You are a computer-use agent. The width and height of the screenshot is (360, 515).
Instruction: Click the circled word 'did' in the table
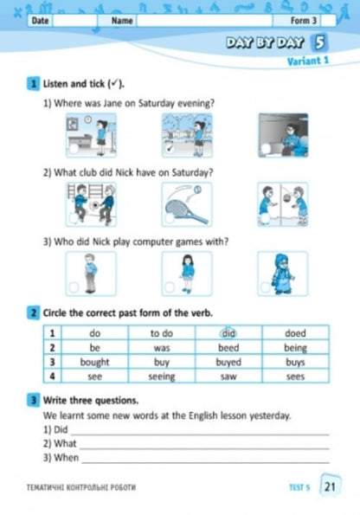click(x=228, y=332)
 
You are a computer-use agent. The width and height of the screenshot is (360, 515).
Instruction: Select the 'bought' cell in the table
click(x=94, y=362)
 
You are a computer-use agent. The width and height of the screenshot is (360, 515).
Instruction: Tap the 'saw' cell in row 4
click(x=228, y=377)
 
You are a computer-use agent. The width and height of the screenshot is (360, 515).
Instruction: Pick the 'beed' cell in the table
click(x=228, y=347)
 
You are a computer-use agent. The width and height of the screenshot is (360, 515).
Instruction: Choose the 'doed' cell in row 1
click(x=296, y=332)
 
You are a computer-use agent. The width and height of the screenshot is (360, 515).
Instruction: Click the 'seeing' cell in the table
click(x=162, y=377)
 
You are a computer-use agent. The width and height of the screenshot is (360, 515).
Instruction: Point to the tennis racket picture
click(x=185, y=204)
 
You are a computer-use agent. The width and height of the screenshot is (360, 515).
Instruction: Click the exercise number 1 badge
click(x=33, y=84)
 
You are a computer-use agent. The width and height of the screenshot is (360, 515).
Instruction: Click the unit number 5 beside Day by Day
click(x=321, y=42)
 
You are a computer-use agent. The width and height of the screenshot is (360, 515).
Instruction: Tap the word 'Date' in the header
click(x=40, y=20)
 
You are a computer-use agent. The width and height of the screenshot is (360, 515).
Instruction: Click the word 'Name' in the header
click(x=122, y=20)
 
